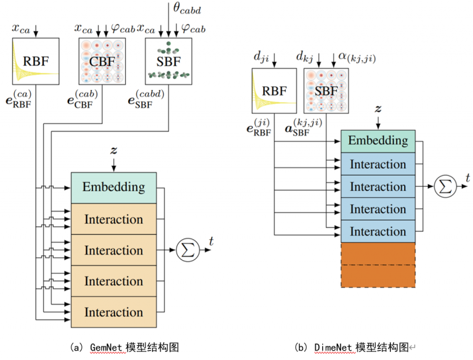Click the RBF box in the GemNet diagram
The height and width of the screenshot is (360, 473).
(35, 60)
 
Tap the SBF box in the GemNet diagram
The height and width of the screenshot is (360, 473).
(169, 60)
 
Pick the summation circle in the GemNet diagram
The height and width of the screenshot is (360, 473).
(185, 249)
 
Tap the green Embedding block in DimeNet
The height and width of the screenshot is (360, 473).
(378, 141)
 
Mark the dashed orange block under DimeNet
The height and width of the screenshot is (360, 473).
(378, 264)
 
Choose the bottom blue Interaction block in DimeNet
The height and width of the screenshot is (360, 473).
(378, 231)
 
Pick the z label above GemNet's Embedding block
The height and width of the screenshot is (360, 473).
(114, 150)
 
